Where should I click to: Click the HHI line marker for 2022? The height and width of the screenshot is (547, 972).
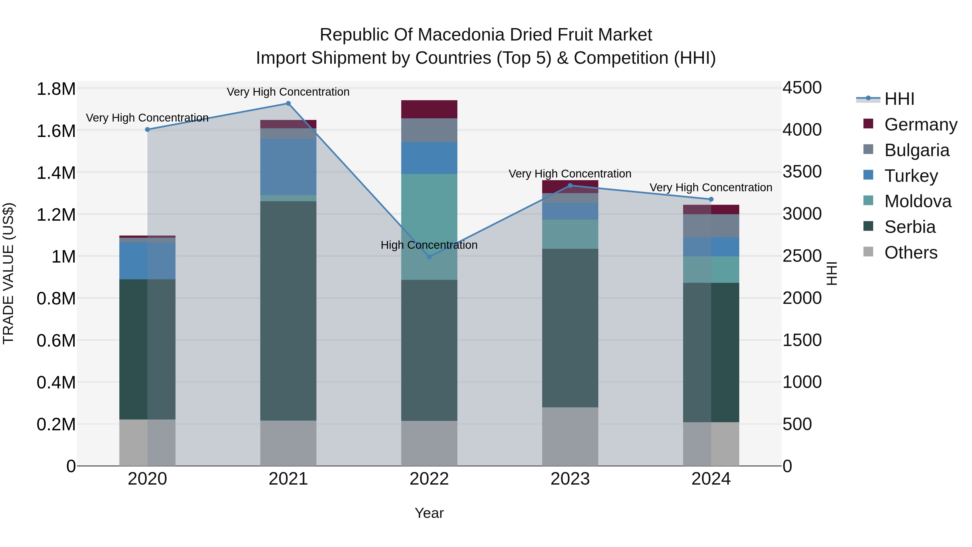point(429,257)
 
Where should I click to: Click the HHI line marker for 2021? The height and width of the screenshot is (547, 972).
point(288,103)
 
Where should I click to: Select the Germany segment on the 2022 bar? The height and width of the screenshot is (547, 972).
point(429,109)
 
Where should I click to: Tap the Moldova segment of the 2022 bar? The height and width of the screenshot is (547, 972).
point(429,227)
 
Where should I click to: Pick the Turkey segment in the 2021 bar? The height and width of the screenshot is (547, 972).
point(288,167)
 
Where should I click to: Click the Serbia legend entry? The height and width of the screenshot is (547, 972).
point(909,227)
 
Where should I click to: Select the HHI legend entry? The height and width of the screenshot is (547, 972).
point(899,99)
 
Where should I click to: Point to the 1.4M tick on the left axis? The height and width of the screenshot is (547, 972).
point(56,173)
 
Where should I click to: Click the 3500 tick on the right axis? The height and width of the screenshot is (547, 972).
point(802,172)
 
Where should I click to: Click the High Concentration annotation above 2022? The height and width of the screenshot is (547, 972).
point(429,245)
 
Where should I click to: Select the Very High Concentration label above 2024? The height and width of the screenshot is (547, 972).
point(711,188)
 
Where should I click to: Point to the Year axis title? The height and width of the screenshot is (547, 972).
point(429,513)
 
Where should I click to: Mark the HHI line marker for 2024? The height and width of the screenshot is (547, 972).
point(711,199)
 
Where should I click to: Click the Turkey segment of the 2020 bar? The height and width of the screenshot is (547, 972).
point(147,261)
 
